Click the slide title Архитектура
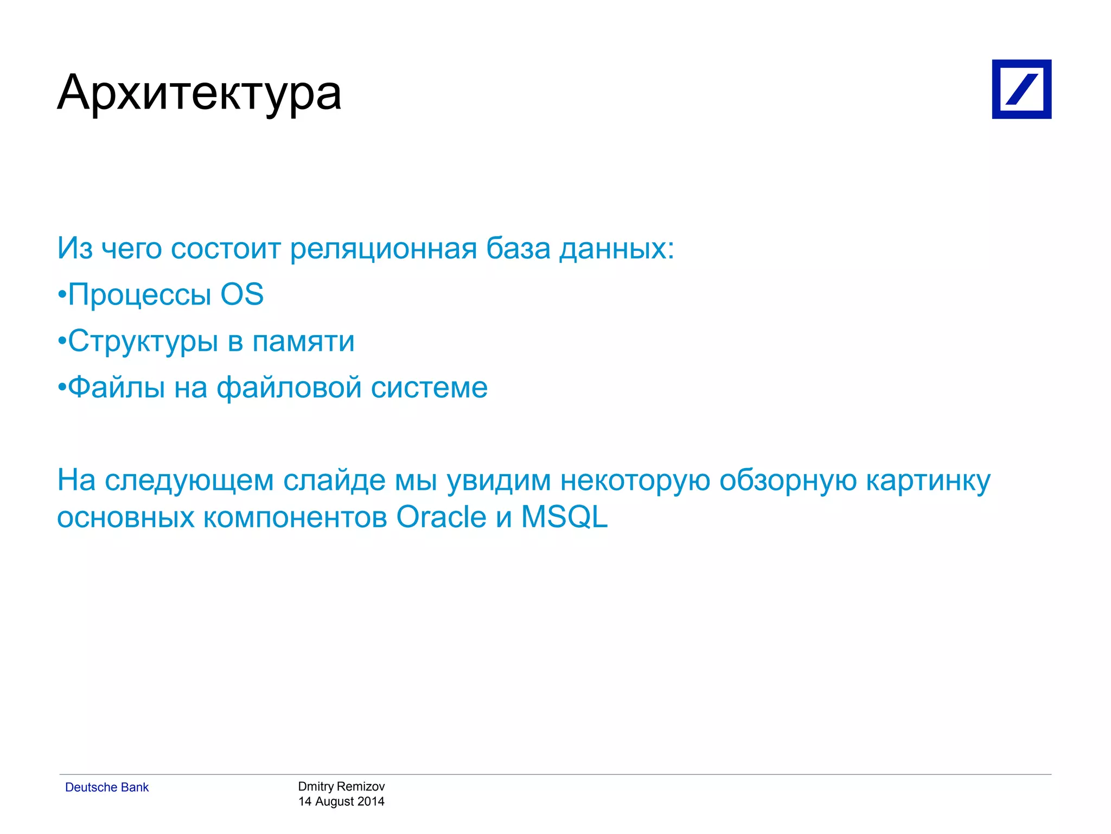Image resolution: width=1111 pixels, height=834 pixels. [x=199, y=92]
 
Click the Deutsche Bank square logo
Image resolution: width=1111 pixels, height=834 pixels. [x=1021, y=89]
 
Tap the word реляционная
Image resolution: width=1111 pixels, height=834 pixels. [x=383, y=249]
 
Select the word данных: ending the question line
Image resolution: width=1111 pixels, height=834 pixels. [x=616, y=249]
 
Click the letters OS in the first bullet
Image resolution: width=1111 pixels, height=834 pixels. [x=242, y=295]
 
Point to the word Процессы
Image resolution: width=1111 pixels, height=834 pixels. [x=139, y=296]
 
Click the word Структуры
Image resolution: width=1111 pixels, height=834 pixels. [x=143, y=342]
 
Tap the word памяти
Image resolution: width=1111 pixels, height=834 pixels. [x=303, y=342]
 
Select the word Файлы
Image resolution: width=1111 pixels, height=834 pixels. [x=117, y=388]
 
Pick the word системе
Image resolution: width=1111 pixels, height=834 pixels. [x=429, y=388]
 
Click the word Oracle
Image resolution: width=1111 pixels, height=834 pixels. [x=441, y=517]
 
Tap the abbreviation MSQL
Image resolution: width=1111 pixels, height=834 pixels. [x=564, y=517]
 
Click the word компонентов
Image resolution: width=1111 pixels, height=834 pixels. [x=295, y=517]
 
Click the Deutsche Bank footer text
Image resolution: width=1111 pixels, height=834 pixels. [x=107, y=787]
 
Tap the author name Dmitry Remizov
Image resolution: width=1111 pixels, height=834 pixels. [x=341, y=786]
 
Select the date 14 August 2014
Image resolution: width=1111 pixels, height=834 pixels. [x=341, y=801]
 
